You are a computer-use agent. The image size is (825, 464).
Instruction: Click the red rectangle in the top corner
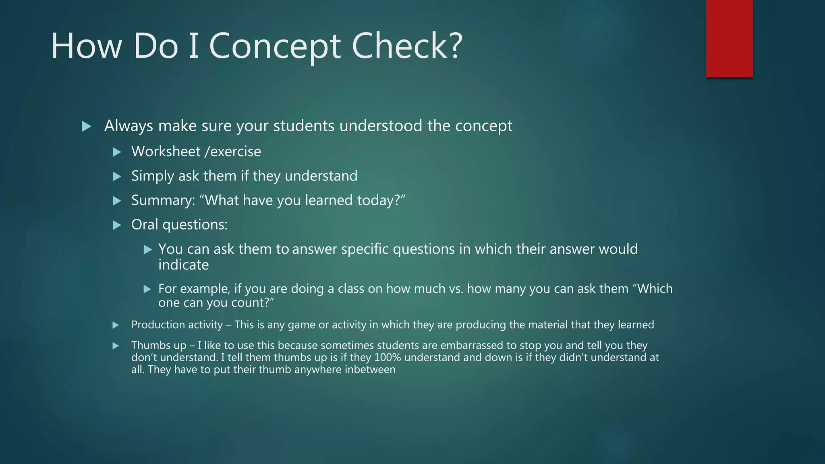[x=729, y=38]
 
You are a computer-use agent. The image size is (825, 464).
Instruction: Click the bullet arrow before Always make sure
[x=86, y=126]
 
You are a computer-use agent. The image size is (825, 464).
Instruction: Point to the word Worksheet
[x=166, y=152]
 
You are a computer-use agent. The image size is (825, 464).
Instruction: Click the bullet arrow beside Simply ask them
[x=117, y=176]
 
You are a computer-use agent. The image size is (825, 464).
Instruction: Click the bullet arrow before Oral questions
[x=117, y=225]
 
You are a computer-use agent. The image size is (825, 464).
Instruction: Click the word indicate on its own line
[x=183, y=265]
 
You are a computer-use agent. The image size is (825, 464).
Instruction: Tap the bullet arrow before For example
[x=147, y=289]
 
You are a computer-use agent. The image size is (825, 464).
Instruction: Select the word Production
[x=157, y=325]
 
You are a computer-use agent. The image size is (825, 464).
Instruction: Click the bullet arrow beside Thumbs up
[x=116, y=346]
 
